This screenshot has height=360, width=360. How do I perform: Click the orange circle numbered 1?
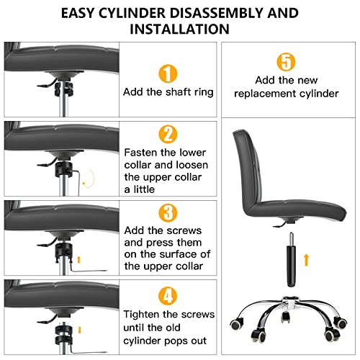[x=167, y=72]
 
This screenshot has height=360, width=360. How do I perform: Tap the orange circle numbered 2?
[x=167, y=134]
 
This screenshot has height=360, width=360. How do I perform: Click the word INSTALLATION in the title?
[x=179, y=30]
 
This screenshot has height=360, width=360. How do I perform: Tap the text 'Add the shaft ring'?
[x=167, y=92]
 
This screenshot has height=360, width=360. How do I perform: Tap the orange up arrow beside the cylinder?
[x=309, y=257]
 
